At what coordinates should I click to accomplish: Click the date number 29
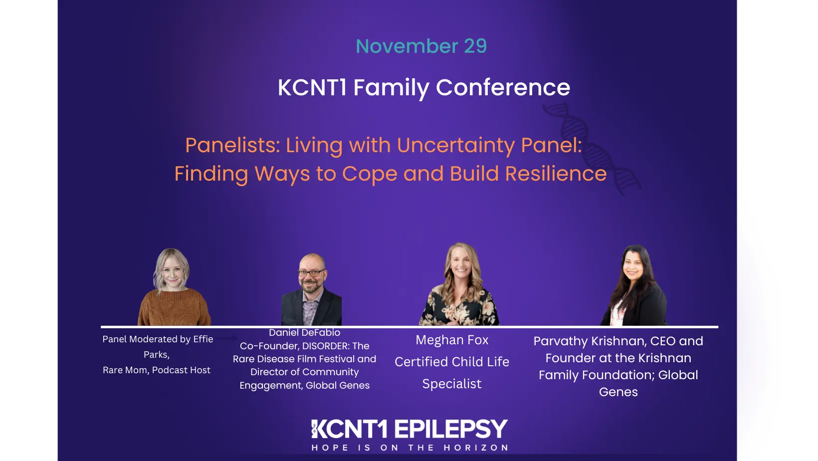[x=475, y=46]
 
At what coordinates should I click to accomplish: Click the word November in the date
[x=407, y=46]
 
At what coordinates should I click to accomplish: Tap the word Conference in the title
[x=503, y=88]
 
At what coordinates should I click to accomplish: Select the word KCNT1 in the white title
[x=312, y=88]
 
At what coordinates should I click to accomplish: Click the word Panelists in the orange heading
[x=232, y=146]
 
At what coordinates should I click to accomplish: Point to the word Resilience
[x=556, y=174]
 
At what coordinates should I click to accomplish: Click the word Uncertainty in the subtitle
[x=456, y=146]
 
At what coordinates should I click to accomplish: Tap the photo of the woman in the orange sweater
[x=173, y=288]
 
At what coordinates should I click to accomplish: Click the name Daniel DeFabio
[x=304, y=333]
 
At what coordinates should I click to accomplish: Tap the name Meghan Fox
[x=452, y=340]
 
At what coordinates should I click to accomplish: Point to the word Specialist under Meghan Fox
[x=452, y=384]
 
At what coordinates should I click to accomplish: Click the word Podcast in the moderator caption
[x=170, y=370]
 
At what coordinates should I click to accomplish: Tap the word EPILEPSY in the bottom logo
[x=451, y=430]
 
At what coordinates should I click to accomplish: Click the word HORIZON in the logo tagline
[x=476, y=448]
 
